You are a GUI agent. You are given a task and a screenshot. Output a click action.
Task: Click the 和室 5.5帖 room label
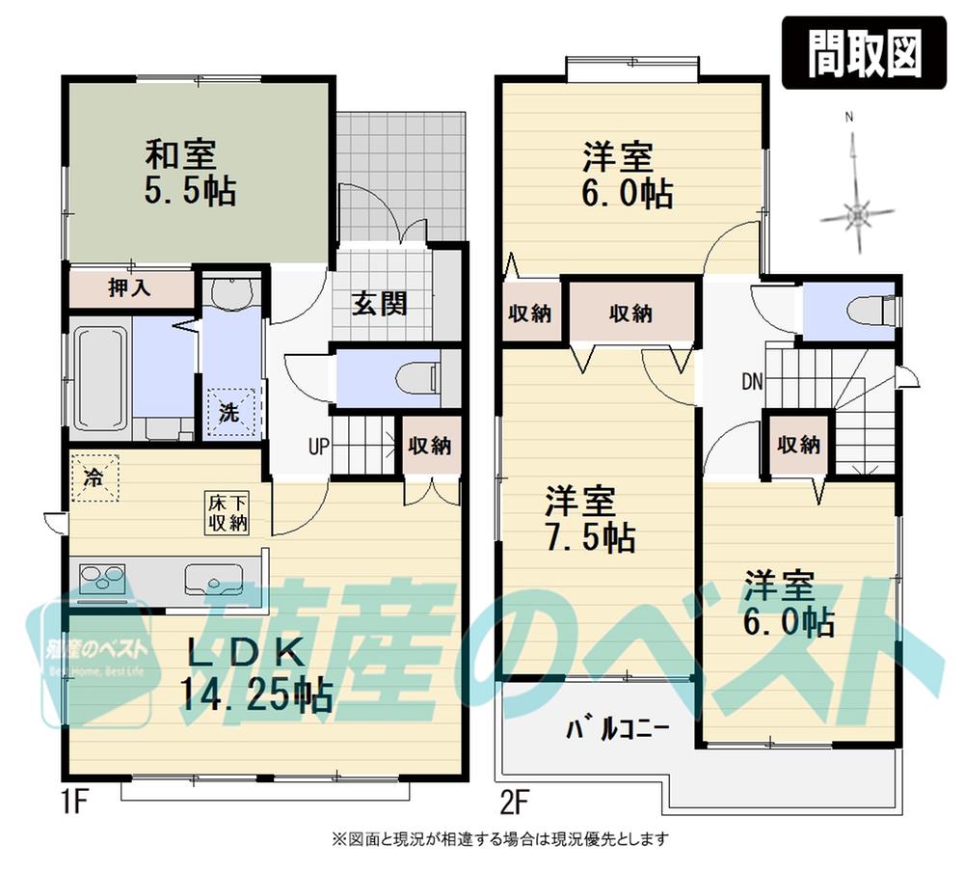[190, 172]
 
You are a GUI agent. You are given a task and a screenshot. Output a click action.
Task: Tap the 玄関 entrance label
[379, 303]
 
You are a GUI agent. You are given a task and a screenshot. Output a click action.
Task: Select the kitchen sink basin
[214, 581]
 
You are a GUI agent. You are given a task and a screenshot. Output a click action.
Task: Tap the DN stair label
[752, 382]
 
